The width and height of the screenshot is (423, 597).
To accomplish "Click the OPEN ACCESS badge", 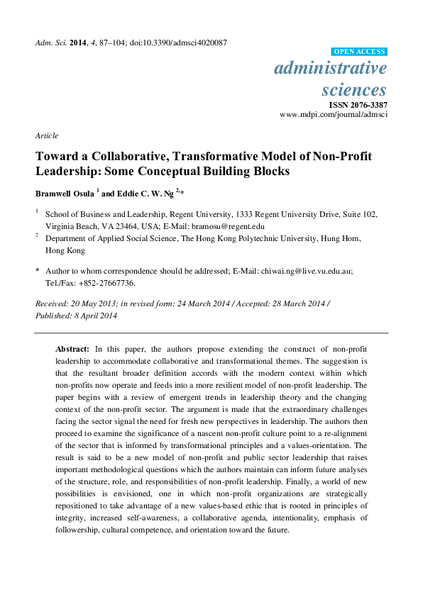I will (x=359, y=52).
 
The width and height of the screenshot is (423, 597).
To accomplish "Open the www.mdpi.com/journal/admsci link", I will (x=334, y=114).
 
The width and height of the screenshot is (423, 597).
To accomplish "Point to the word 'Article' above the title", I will (x=46, y=135).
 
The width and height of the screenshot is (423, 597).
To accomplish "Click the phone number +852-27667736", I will (x=106, y=282).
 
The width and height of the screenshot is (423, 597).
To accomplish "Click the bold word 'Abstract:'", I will (x=72, y=350).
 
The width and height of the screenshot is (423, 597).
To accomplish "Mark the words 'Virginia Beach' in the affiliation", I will (x=71, y=226).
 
